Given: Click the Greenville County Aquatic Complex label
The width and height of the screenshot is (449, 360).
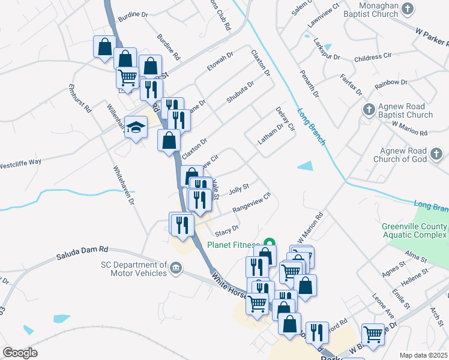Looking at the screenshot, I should pyautogui.click(x=414, y=230).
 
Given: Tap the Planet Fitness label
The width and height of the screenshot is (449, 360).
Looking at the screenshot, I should pyautogui.click(x=233, y=245).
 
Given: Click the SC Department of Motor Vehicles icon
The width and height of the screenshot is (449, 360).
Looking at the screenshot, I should pyautogui.click(x=175, y=267).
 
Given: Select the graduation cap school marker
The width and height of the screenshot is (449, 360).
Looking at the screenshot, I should pyautogui.click(x=136, y=127).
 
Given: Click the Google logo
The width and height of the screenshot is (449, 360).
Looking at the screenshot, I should pyautogui.click(x=20, y=352).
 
